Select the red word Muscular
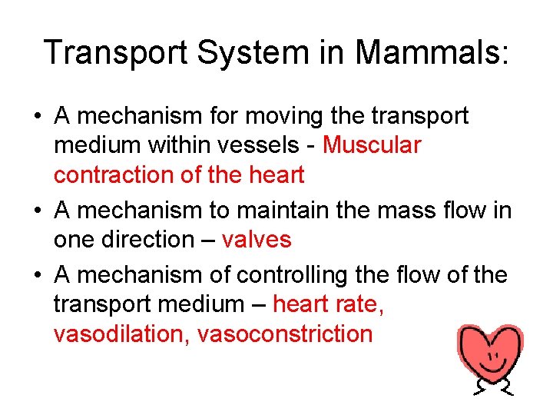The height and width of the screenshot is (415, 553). tap(373, 144)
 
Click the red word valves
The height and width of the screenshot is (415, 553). tap(257, 239)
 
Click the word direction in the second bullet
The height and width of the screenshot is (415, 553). tap(153, 239)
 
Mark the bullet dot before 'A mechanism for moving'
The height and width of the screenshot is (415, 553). tap(37, 117)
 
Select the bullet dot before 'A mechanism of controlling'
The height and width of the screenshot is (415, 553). tap(37, 275)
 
